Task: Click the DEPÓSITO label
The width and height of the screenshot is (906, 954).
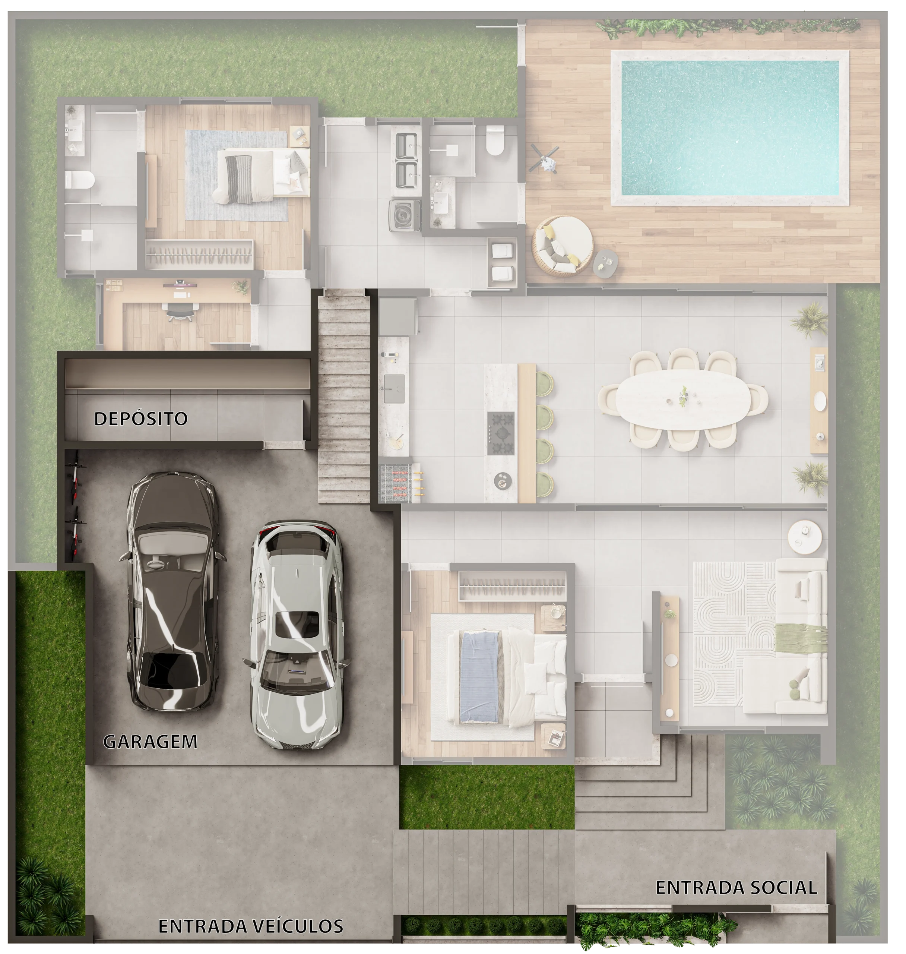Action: click(140, 418)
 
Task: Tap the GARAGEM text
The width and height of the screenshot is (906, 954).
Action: click(150, 742)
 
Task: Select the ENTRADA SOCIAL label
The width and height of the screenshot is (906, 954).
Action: click(736, 887)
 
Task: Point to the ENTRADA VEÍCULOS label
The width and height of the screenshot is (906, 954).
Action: click(251, 926)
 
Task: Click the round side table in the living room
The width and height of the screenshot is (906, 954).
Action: click(805, 536)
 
